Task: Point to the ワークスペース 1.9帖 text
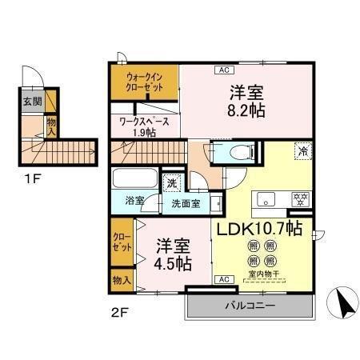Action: pyautogui.click(x=143, y=126)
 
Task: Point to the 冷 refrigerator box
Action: pyautogui.click(x=302, y=151)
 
